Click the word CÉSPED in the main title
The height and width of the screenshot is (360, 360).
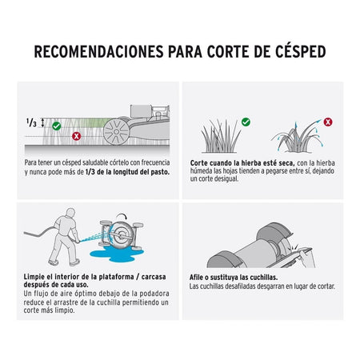click(301, 51)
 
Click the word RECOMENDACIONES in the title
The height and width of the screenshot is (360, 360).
click(98, 52)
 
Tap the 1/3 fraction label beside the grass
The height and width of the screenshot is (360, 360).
click(31, 122)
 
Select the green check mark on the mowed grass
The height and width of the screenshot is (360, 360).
click(57, 126)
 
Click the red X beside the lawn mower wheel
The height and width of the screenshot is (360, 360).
click(77, 136)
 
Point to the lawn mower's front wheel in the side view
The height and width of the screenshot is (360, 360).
click(117, 132)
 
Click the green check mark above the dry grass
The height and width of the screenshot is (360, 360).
click(246, 122)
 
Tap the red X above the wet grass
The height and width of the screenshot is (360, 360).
click(328, 122)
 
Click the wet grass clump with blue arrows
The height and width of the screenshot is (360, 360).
click(297, 137)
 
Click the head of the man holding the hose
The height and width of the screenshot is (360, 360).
click(70, 213)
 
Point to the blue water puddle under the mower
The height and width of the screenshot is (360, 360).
click(117, 254)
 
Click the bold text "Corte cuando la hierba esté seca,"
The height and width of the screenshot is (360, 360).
click(242, 163)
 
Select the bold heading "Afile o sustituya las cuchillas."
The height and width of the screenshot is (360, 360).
click(234, 278)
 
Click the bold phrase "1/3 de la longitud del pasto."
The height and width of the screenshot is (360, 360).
click(127, 172)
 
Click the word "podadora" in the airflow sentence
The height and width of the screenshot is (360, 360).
click(154, 294)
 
